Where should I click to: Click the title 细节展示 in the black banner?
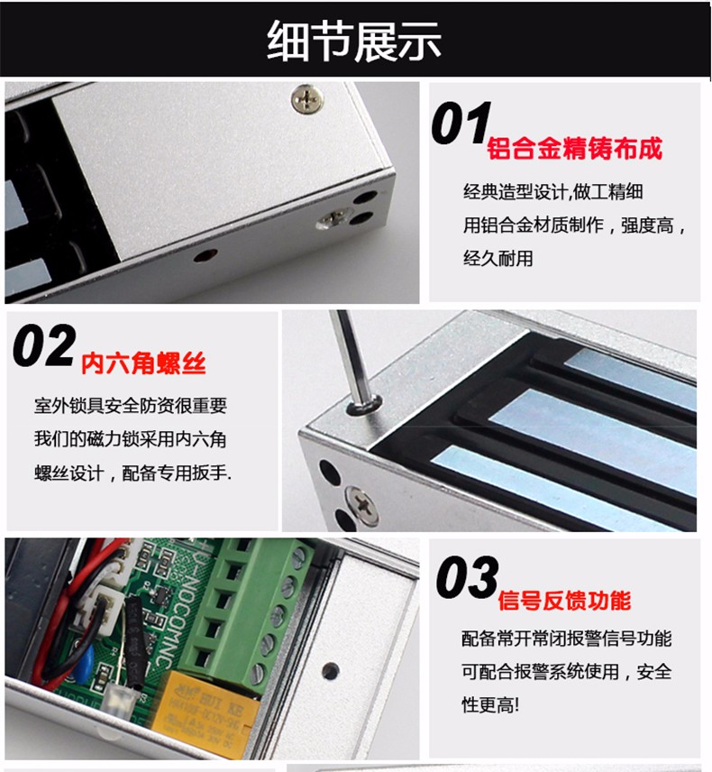(353, 41)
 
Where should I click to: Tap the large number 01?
(461, 123)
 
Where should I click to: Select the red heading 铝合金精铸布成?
(574, 148)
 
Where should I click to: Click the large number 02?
(44, 345)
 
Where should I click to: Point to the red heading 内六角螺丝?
(143, 363)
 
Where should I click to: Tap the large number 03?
(467, 576)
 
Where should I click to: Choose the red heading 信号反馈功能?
(564, 601)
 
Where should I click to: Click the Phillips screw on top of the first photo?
(307, 99)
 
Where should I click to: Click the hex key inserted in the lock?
(352, 360)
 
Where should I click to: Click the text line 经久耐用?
(498, 258)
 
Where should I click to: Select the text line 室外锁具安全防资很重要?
(131, 406)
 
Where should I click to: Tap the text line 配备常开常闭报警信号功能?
(566, 639)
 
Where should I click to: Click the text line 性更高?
(490, 705)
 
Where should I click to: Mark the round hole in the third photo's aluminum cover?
(330, 671)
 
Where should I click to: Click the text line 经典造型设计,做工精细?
(553, 191)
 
